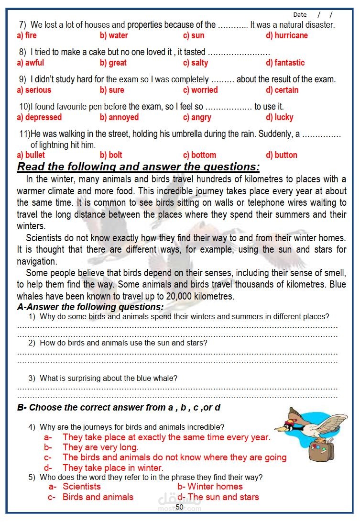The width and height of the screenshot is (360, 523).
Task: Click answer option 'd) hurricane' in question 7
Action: pyautogui.click(x=286, y=35)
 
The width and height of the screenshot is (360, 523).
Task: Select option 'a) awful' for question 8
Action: pyautogui.click(x=30, y=63)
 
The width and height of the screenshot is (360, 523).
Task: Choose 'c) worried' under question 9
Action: pyautogui.click(x=200, y=90)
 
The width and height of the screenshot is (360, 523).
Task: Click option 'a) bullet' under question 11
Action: pyautogui.click(x=31, y=155)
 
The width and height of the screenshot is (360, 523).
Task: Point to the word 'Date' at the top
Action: pyautogui.click(x=300, y=15)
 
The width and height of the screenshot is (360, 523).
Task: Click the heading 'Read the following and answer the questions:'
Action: pyautogui.click(x=139, y=167)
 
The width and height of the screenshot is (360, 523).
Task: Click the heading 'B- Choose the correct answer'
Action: pyautogui.click(x=119, y=408)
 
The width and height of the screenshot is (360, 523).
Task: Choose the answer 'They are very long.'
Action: pyautogui.click(x=100, y=447)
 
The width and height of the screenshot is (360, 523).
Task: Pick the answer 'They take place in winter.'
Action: pyautogui.click(x=113, y=467)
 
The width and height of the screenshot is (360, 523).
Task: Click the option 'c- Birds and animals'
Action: pyautogui.click(x=98, y=497)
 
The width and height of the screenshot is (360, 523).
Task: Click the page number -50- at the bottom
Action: pyautogui.click(x=179, y=507)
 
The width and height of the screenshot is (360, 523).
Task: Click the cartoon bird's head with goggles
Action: pyautogui.click(x=291, y=421)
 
